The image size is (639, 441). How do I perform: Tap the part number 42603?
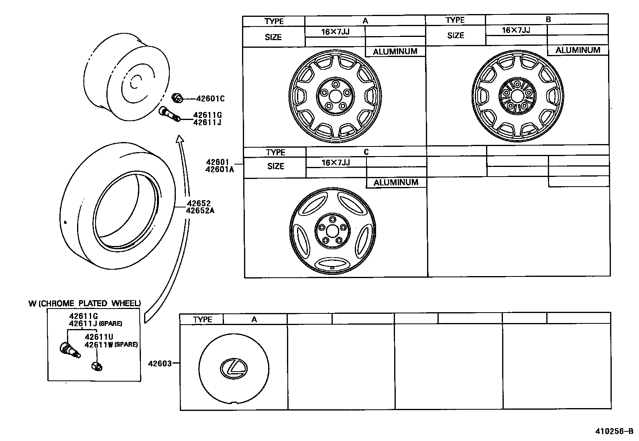pos(160,364)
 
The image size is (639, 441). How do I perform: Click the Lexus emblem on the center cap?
pos(234,368)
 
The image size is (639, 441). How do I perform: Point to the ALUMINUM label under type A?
pos(395,51)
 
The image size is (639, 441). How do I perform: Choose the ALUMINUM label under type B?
pos(578,50)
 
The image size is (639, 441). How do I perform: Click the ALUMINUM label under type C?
pos(396,183)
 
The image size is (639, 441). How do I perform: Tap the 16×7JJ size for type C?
pos(336,163)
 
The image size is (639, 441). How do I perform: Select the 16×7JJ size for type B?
pos(516,30)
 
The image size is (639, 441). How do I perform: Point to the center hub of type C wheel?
pos(332,231)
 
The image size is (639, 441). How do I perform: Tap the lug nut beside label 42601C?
pos(177,97)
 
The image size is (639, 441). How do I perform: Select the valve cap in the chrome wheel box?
pos(97,366)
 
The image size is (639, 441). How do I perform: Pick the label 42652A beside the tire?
pos(200,210)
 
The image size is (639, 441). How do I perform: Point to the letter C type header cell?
pos(366,152)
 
